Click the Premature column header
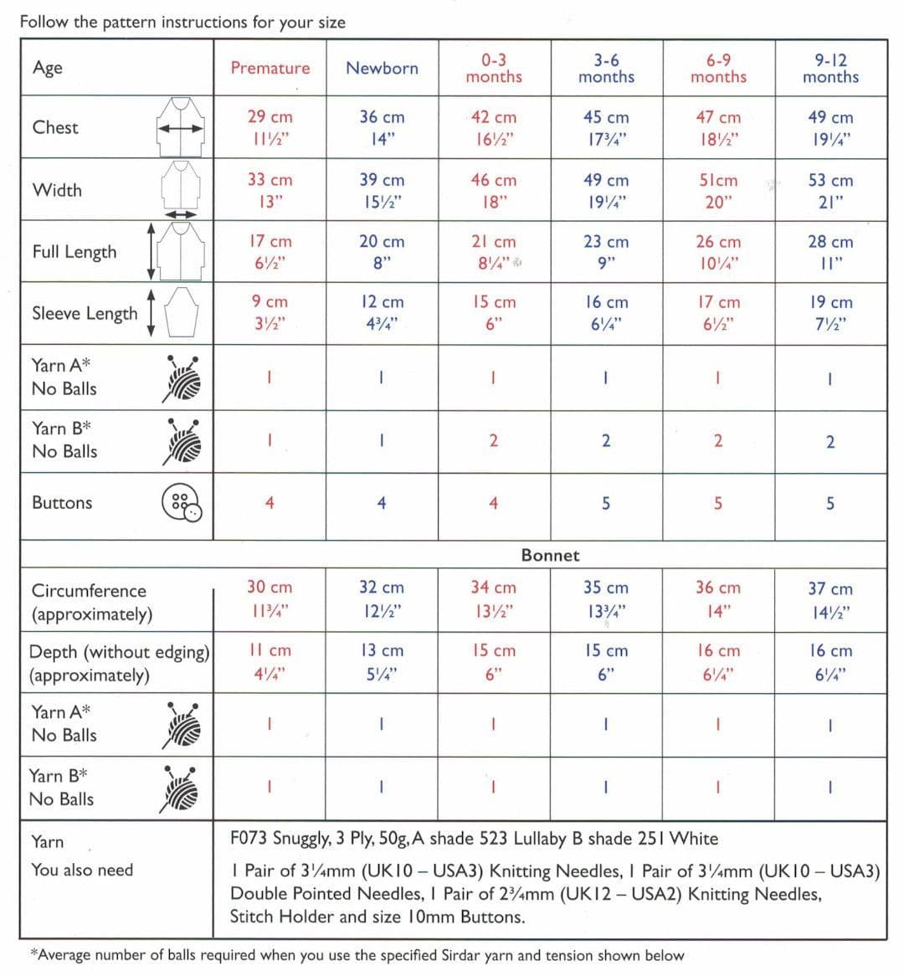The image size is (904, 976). [x=270, y=69]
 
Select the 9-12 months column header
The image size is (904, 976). [x=830, y=69]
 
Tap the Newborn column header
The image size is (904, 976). [x=382, y=69]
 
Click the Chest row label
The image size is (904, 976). [x=55, y=127]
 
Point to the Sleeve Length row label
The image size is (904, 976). [x=85, y=313]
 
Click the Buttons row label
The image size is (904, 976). [x=62, y=502]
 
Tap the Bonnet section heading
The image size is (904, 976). [x=550, y=555]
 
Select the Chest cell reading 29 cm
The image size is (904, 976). [x=270, y=127]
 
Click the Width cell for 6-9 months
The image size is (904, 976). [x=717, y=190]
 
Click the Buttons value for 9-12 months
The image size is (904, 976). [x=830, y=504]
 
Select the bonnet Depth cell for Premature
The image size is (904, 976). [x=270, y=661]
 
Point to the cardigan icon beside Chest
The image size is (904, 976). [x=181, y=126]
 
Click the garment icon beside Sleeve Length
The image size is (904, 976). [x=181, y=311]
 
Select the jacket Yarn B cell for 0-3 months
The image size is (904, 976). [x=493, y=441]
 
